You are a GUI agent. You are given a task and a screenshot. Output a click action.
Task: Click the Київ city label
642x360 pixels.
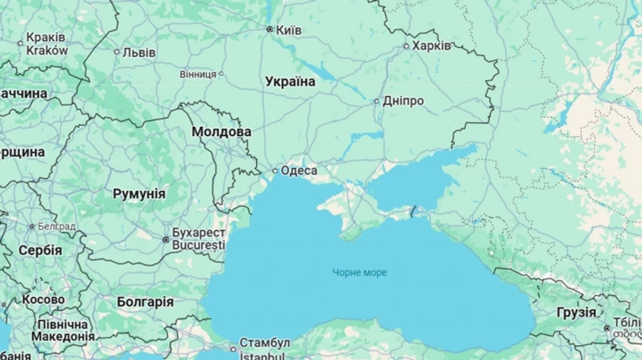tap(288, 30)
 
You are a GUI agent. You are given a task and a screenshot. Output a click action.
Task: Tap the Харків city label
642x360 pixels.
tap(432, 46)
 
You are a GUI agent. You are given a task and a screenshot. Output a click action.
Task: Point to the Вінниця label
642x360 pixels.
tap(198, 73)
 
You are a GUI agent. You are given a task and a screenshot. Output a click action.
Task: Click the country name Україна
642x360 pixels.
tap(290, 81)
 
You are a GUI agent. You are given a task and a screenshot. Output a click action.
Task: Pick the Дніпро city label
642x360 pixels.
tap(403, 101)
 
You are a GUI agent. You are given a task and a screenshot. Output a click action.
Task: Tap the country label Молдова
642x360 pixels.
tap(221, 132)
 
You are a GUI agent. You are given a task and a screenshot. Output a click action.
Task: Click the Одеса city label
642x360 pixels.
tap(299, 170)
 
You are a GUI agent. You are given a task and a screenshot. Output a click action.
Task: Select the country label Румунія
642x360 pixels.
tap(139, 194)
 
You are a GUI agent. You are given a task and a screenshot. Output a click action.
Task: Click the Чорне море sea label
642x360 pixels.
tap(360, 272)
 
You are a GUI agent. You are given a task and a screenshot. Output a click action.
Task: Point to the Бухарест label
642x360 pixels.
tap(199, 233)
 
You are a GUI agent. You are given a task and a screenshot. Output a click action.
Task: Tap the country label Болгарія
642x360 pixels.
tap(145, 302)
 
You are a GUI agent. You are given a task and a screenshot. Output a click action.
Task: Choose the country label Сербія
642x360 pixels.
tap(40, 251)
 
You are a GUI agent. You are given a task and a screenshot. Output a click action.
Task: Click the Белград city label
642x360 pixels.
tap(57, 226)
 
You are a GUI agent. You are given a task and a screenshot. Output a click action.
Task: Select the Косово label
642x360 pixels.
tap(43, 300)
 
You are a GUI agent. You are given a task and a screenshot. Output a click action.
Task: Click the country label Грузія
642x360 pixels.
tap(576, 312)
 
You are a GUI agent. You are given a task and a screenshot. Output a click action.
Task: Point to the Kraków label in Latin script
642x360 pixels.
tap(47, 51)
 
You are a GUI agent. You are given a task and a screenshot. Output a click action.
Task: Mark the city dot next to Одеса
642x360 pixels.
tap(275, 170)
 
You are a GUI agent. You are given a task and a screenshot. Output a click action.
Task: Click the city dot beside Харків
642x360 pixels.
tap(407, 46)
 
